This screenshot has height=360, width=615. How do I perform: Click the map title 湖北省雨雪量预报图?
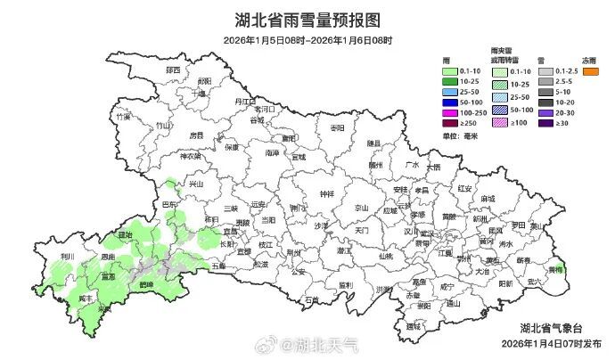(x=307, y=20)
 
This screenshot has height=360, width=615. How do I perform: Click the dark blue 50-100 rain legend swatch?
(x=450, y=102)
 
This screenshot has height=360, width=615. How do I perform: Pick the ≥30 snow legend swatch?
(x=543, y=123)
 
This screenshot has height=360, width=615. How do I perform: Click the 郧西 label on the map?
(x=171, y=70)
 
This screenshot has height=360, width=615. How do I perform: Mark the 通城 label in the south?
(x=411, y=327)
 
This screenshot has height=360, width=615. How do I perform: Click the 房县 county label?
(x=196, y=135)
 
